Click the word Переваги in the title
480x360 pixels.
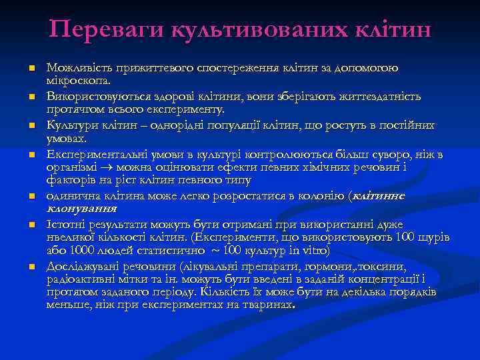tap(105, 29)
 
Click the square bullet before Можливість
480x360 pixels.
tap(31, 69)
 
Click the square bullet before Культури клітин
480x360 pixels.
tap(31, 127)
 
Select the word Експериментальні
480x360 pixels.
tap(87, 154)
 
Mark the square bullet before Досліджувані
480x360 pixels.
tap(31, 267)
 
